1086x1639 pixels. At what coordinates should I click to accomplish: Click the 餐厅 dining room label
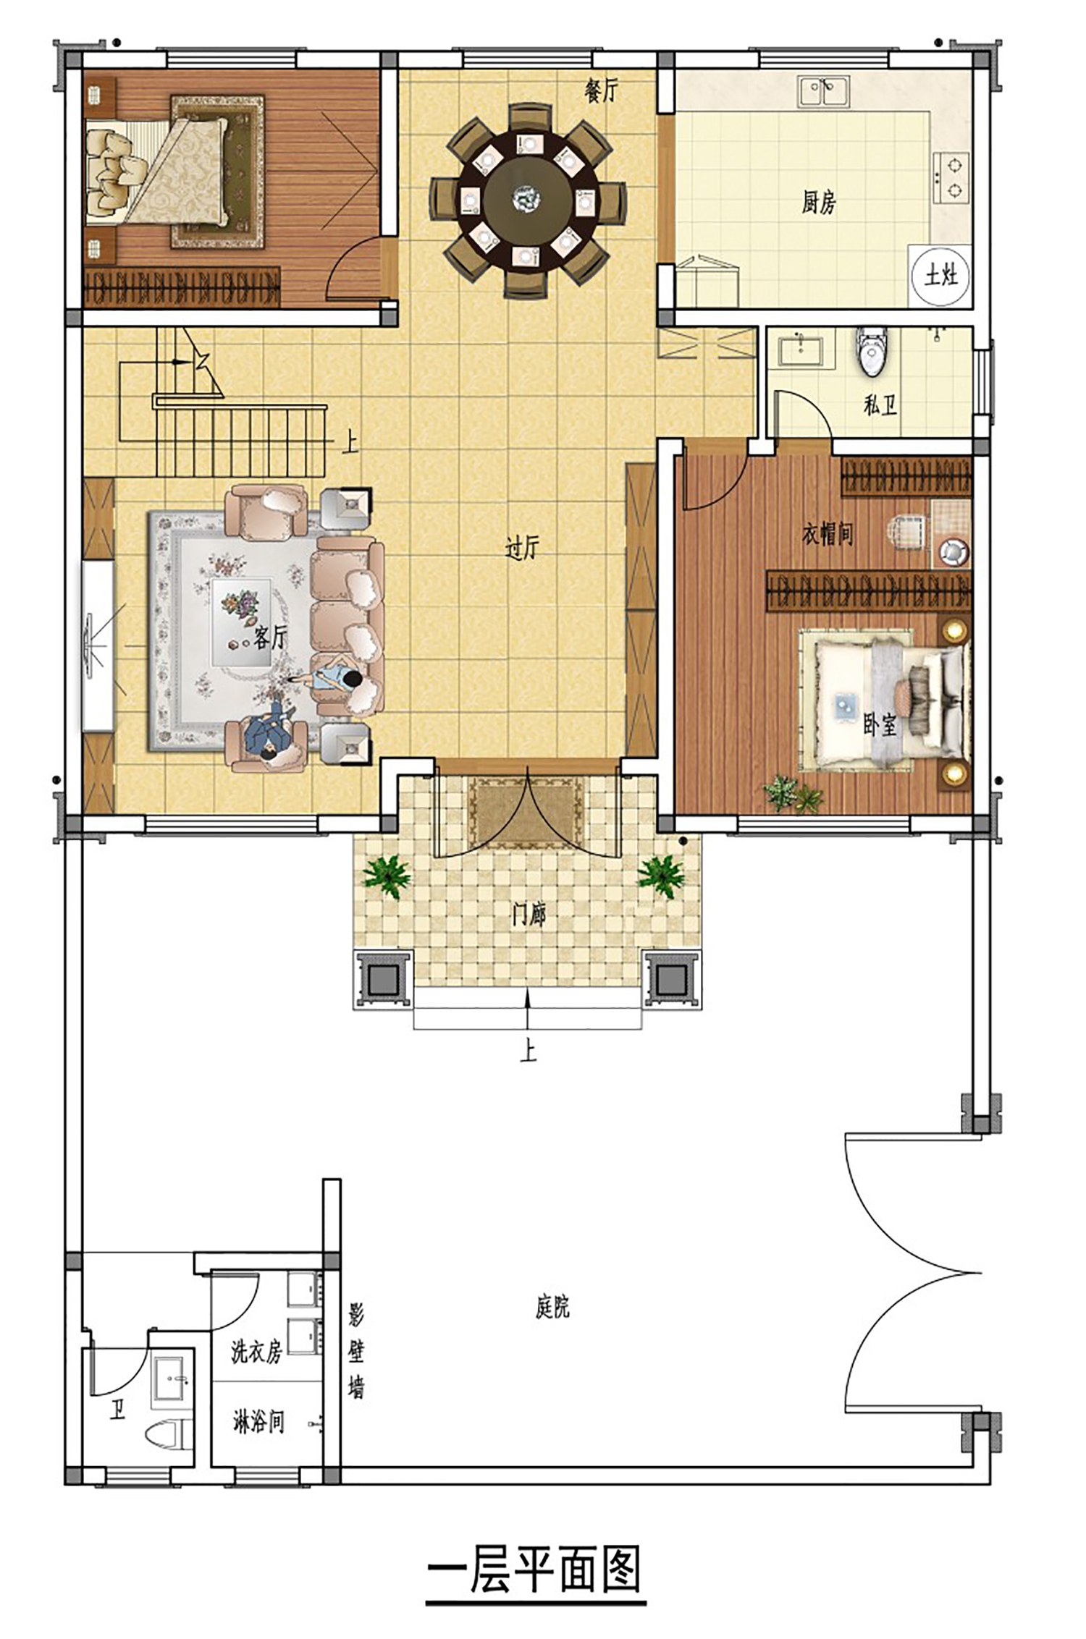point(602,90)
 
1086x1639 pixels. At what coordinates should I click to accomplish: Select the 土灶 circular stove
point(940,275)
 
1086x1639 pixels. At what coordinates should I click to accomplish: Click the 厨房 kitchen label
point(818,202)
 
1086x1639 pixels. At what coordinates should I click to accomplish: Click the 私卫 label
point(880,405)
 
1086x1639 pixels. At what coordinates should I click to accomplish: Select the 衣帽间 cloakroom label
point(828,535)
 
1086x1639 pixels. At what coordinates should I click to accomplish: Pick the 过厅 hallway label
point(522,549)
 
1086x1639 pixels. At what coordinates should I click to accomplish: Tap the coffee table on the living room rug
point(242,621)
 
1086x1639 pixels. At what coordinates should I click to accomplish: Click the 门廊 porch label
point(528,915)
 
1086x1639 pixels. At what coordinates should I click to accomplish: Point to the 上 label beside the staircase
point(350,442)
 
